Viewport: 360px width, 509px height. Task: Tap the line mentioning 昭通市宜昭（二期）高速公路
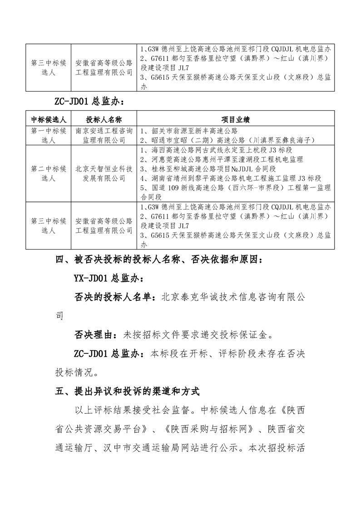pyautogui.click(x=227, y=140)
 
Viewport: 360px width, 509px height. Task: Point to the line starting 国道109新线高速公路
pyautogui.click(x=236, y=188)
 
